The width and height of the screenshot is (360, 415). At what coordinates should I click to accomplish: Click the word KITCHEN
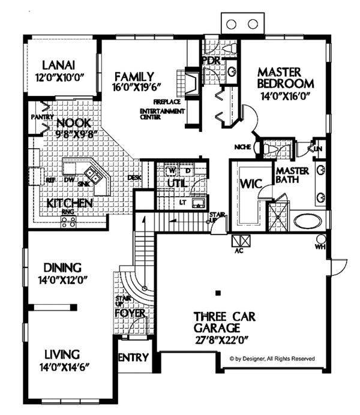tap(69, 203)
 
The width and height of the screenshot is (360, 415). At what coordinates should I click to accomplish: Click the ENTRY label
tap(133, 357)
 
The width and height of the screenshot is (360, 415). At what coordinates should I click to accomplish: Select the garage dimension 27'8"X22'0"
tap(217, 339)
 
